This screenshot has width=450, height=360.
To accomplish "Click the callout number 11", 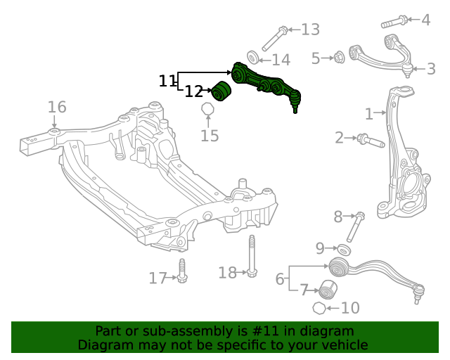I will pos(167,82).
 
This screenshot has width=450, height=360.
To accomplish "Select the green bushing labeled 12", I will pos(222,91).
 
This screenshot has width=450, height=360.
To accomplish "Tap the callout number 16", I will pos(57,108).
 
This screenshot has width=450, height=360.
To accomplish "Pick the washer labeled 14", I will pos(255,57).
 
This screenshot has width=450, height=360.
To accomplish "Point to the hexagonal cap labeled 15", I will pos(207,110).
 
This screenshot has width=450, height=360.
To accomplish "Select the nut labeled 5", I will pos(337,57).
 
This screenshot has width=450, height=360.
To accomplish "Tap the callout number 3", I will pos(431,69).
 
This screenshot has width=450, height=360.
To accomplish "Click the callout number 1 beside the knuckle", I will pos(369,113).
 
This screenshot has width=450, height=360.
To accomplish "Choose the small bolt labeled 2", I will pos(368,140).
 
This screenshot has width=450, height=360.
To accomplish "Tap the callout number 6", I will pos(280,279).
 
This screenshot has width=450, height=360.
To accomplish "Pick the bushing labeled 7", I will pos(326,289).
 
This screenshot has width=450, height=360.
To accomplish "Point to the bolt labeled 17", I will pos(182,273).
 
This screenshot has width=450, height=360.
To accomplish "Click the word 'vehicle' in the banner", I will pos(343,345).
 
